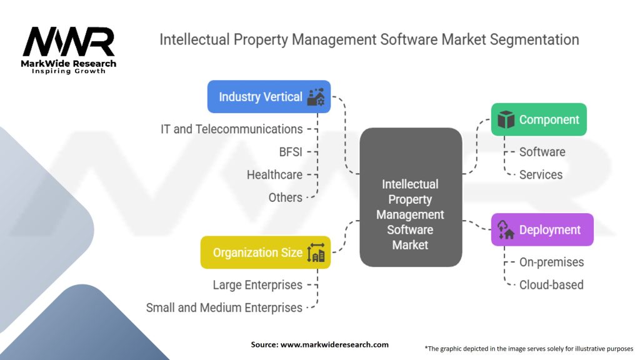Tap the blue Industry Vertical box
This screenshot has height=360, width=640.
269,97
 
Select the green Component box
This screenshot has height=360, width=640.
539,119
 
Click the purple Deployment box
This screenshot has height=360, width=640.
542,229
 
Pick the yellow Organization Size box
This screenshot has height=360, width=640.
266,252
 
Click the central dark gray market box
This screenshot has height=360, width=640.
411,214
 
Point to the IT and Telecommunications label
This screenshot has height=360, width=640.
231,129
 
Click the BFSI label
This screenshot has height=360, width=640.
291,152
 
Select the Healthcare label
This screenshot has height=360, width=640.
274,175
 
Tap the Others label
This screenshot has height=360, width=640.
286,197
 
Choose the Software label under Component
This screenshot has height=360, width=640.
542,152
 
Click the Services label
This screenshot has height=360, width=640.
541,175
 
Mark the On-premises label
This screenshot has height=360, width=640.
551,262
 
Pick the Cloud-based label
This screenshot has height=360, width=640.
551,285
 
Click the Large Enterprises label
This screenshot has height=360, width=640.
257,285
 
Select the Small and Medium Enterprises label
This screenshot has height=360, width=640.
224,307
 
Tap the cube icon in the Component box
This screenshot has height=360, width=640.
506,119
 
